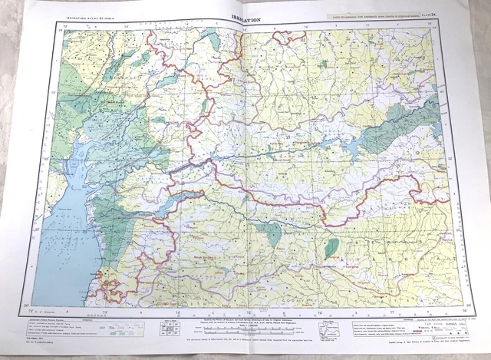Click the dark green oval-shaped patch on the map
coord(332,246)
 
